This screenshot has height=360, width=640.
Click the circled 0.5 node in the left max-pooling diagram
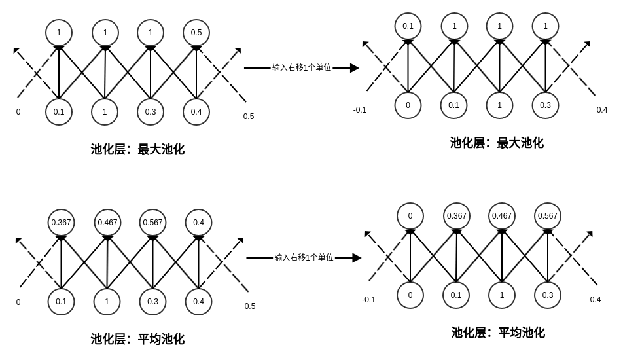tap(196, 33)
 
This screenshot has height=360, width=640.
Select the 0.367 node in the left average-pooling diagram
tap(61, 223)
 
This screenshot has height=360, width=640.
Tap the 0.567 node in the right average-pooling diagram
tap(548, 216)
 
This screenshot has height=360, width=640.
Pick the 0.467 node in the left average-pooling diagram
tap(107, 223)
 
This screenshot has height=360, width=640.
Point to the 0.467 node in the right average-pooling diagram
tap(502, 216)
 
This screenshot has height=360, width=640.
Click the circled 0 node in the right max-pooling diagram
tap(408, 105)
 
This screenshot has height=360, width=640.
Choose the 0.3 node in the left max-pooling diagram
tap(151, 112)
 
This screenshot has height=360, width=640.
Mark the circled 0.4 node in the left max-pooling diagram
tap(196, 112)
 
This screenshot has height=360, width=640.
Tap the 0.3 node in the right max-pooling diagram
tap(545, 105)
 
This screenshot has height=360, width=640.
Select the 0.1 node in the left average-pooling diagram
tap(61, 302)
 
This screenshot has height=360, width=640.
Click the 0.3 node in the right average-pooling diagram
tap(548, 295)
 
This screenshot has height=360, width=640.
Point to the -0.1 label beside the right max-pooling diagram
tap(360, 110)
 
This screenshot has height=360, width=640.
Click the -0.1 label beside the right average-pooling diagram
tap(368, 300)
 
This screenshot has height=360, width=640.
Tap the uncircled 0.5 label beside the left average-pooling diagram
tap(250, 306)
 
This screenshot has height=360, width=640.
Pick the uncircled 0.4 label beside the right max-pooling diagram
tap(602, 110)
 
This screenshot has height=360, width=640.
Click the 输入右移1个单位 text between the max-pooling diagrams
tap(302, 67)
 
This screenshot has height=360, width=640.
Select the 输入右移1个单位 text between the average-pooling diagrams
tap(304, 257)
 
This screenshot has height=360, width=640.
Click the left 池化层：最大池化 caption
tap(137, 149)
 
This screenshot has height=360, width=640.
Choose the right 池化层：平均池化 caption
tap(498, 333)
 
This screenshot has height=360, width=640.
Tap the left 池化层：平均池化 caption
tap(137, 339)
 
